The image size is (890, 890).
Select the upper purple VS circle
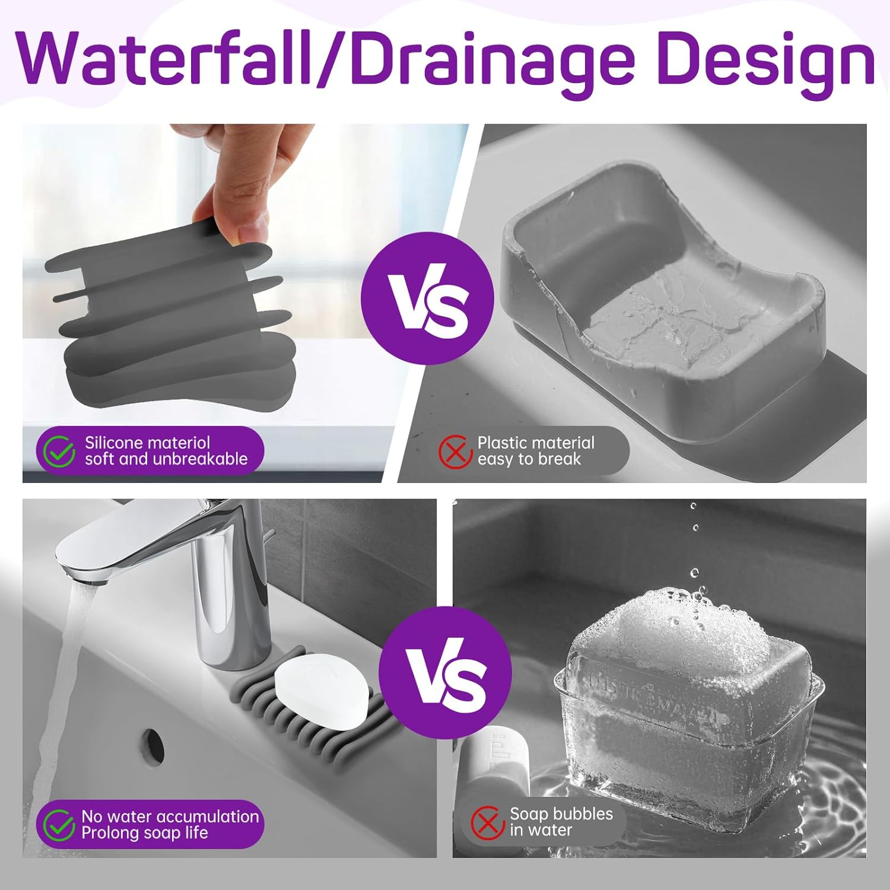pyautogui.click(x=427, y=298)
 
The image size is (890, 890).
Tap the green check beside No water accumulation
pyautogui.click(x=59, y=825)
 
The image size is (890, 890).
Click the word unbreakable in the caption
pyautogui.click(x=200, y=459)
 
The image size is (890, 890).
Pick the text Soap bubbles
pyautogui.click(x=561, y=813)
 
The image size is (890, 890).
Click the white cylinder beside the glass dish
pyautogui.click(x=494, y=765)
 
